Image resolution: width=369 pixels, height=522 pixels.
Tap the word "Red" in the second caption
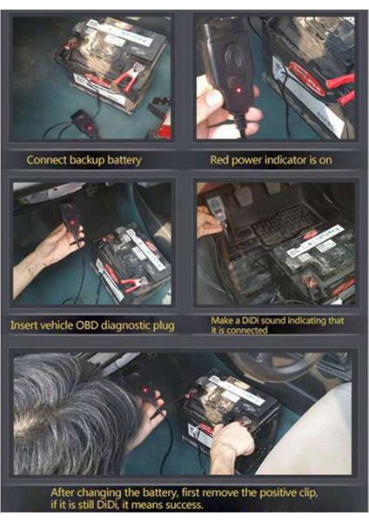pyautogui.click(x=219, y=160)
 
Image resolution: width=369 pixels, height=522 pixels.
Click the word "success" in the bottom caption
pyautogui.click(x=184, y=505)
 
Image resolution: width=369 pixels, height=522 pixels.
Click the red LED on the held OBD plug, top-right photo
pyautogui.click(x=238, y=90)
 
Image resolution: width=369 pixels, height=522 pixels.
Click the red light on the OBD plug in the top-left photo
pyautogui.click(x=89, y=128)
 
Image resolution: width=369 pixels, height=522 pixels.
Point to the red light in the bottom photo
pyautogui.click(x=145, y=390)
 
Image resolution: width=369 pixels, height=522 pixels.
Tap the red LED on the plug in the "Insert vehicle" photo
pyautogui.click(x=72, y=221)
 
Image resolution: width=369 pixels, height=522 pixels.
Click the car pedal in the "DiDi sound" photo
pyautogui.click(x=244, y=197)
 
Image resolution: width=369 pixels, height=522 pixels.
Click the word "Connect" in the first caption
pyautogui.click(x=46, y=160)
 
